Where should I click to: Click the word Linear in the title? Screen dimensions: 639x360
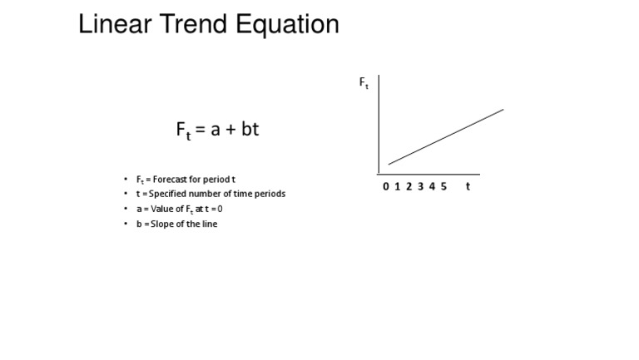point(115,23)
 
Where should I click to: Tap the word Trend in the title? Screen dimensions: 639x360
point(193,23)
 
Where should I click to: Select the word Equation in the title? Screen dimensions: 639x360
point(287,25)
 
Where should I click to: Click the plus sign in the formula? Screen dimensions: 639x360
point(230,130)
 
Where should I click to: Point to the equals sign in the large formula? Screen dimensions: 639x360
point(200,130)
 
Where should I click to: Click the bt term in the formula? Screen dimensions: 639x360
point(250,129)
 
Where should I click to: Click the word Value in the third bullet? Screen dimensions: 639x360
point(161,209)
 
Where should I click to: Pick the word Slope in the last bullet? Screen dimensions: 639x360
point(160,224)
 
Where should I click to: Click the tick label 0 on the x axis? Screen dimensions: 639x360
point(386,186)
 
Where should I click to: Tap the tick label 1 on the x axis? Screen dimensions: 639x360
point(398,186)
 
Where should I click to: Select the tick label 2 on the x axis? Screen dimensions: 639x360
point(409,186)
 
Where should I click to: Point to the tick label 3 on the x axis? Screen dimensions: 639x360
point(420,186)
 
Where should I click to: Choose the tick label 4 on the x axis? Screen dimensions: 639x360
point(432,186)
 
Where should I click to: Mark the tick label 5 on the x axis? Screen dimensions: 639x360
point(443,186)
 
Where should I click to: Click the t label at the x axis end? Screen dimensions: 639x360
point(468,186)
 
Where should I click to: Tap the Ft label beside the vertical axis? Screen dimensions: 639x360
point(364,82)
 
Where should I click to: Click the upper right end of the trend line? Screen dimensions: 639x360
point(503,110)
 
